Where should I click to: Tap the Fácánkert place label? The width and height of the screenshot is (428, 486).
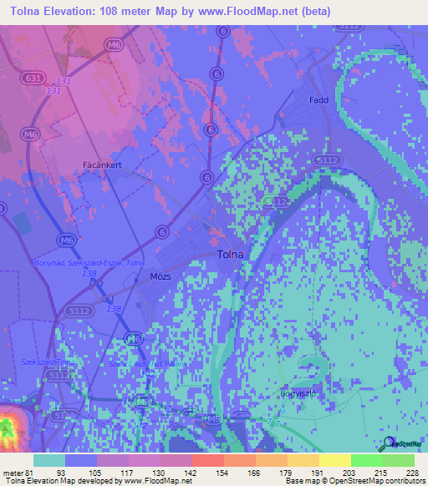click(x=103, y=165)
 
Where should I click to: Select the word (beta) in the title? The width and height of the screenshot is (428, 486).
click(x=316, y=12)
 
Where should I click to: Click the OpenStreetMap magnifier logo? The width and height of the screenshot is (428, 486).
click(x=388, y=443)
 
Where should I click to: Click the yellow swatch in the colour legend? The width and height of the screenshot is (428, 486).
click(x=334, y=460)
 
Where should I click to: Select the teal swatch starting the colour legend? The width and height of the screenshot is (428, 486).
click(x=49, y=460)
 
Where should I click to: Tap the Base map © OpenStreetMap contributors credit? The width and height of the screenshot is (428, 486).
click(x=354, y=481)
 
